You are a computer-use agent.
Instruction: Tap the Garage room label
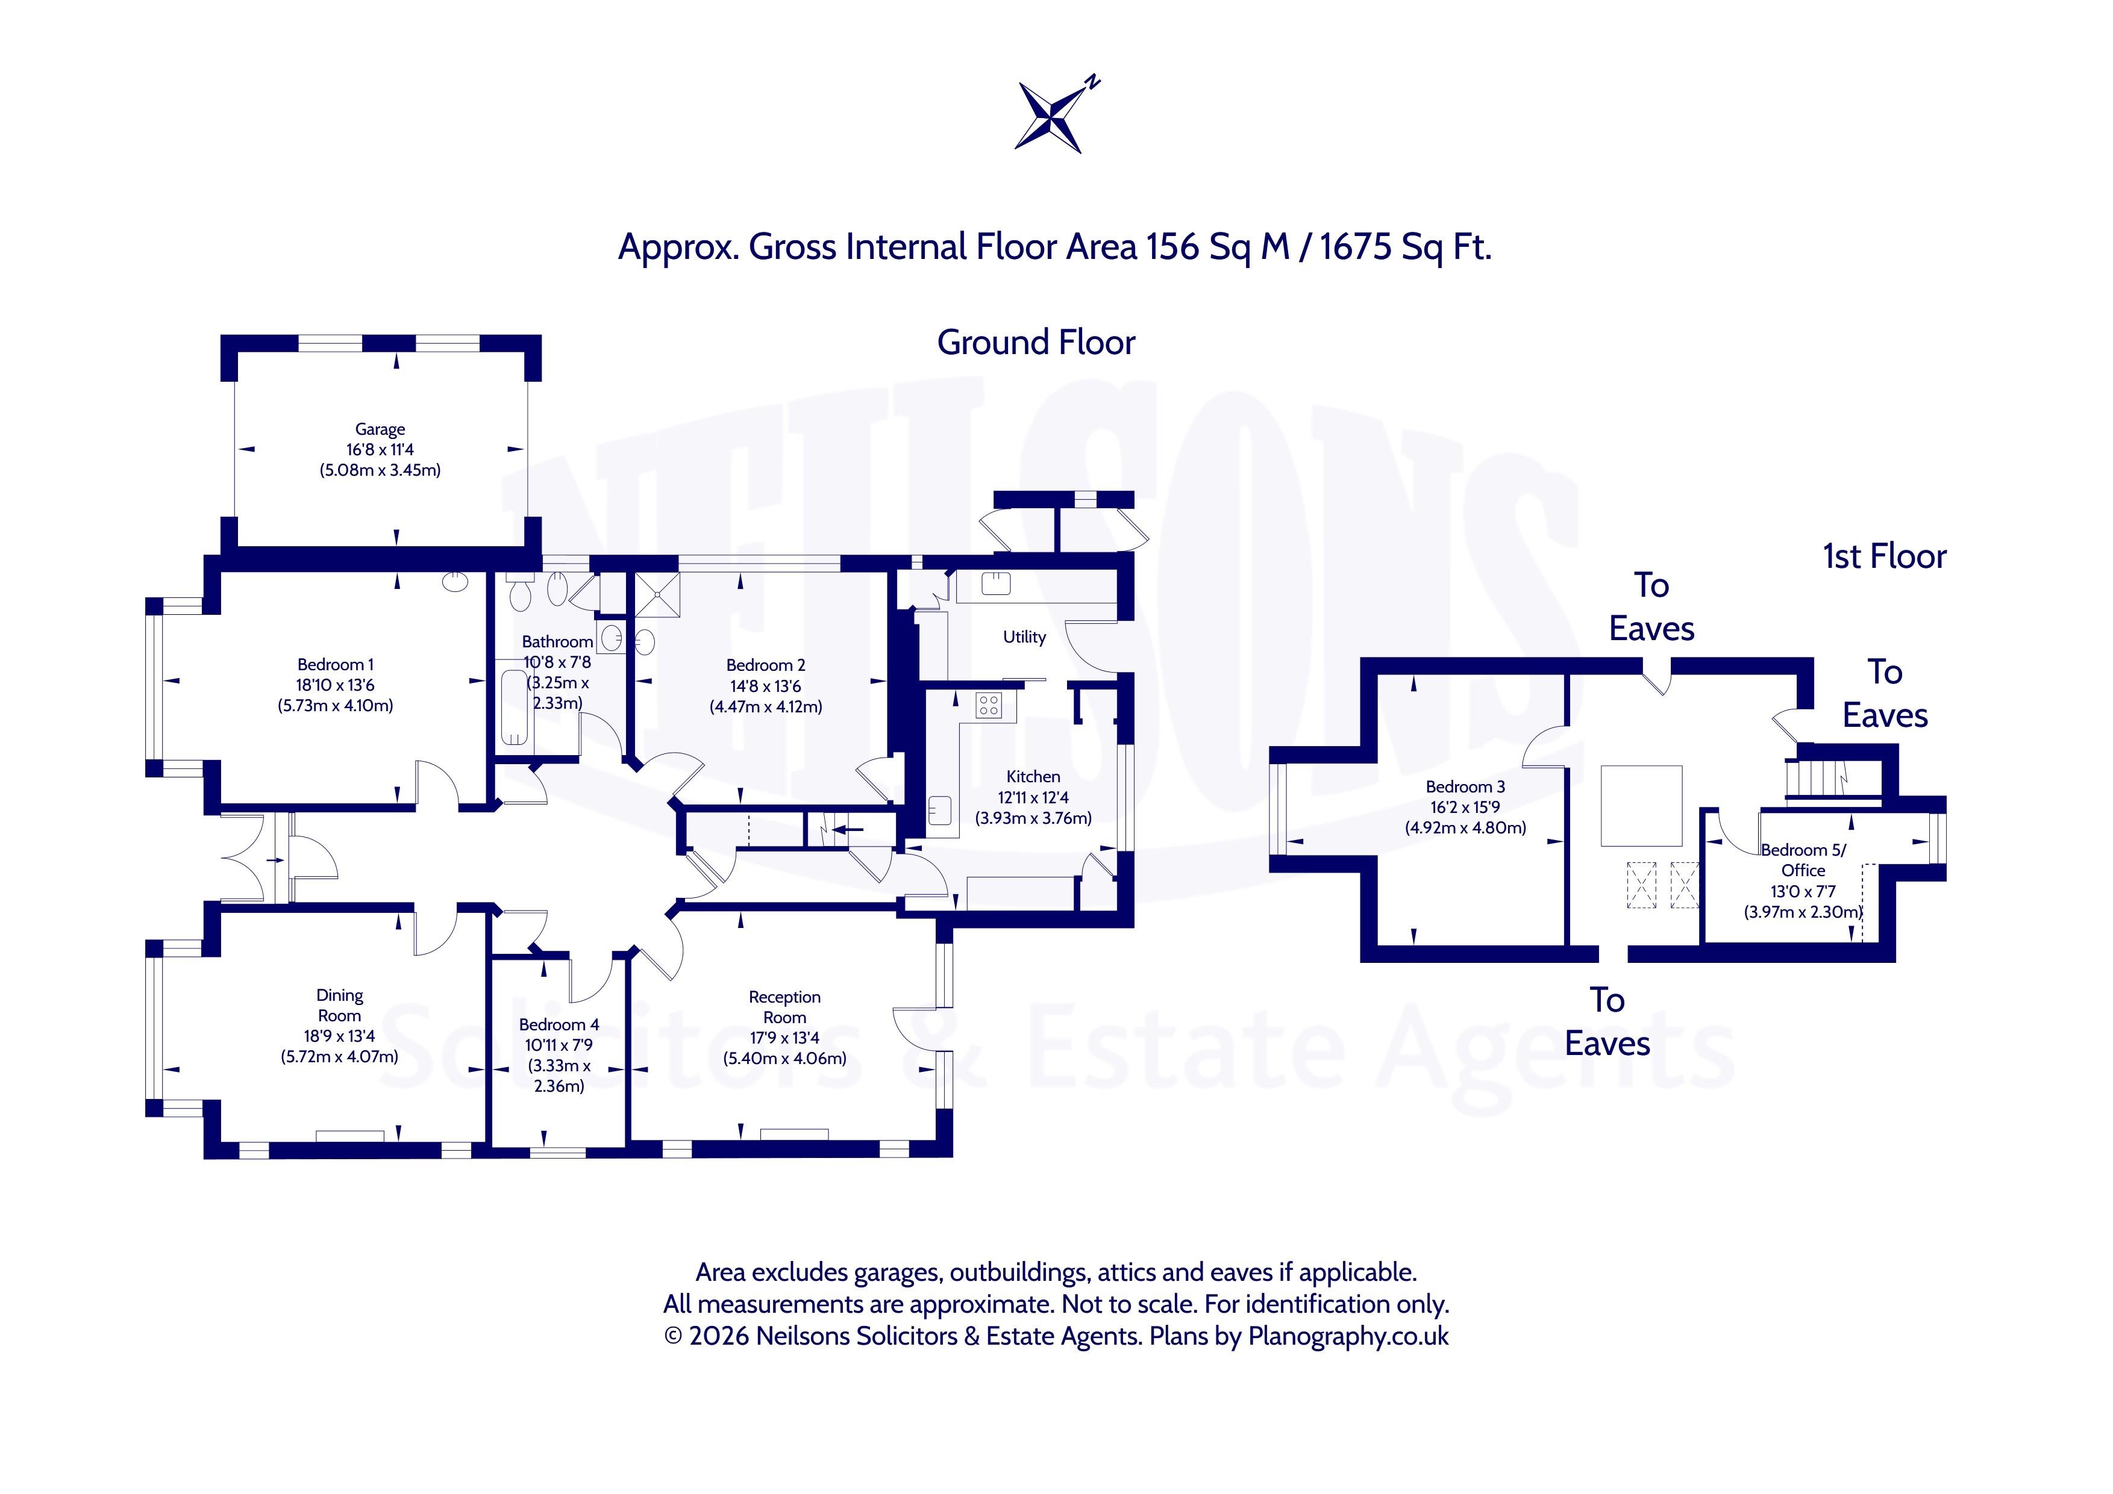coord(380,429)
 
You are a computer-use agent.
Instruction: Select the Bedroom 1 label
coord(336,664)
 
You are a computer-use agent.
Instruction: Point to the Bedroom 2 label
coord(766,665)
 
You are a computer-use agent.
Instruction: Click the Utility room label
coord(1024,637)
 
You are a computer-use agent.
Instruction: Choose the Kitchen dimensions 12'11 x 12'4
coord(1033,798)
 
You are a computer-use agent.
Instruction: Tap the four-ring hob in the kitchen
coord(989,706)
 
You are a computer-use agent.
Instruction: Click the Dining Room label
coord(340,1006)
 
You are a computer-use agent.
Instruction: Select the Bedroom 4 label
coord(559,1025)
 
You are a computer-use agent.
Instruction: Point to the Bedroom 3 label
coord(1465,786)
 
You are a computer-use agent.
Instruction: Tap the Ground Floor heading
coord(1036,342)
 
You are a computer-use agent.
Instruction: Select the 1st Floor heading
coord(1885,556)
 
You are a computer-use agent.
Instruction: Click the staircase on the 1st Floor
coord(1818,779)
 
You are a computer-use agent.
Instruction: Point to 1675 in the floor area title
coord(1356,247)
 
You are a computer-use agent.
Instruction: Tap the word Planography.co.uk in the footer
coord(1348,1336)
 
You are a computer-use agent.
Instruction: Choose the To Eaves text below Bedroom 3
coord(1607,1021)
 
